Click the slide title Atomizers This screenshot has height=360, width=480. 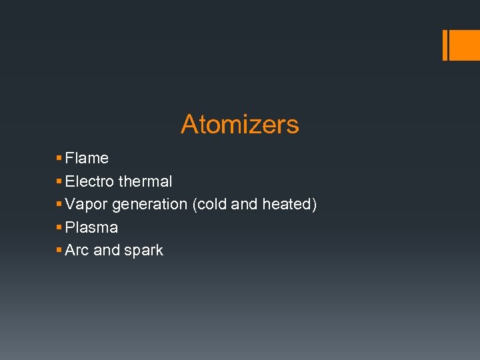(x=239, y=125)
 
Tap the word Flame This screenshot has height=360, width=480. (x=87, y=159)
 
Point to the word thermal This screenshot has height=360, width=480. (x=145, y=181)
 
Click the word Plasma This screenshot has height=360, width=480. (x=91, y=227)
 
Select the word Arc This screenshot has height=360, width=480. (x=77, y=250)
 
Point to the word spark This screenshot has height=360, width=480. (x=143, y=251)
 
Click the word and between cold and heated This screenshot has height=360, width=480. (x=244, y=205)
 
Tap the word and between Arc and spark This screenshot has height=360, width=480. (x=107, y=250)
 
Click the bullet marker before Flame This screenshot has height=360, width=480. (x=59, y=159)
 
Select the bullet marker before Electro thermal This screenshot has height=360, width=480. (x=59, y=181)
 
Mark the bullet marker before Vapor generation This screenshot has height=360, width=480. (x=59, y=204)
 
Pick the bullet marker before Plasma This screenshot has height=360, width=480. (x=59, y=227)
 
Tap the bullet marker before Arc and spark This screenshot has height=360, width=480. (x=59, y=250)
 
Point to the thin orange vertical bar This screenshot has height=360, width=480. (x=445, y=45)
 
